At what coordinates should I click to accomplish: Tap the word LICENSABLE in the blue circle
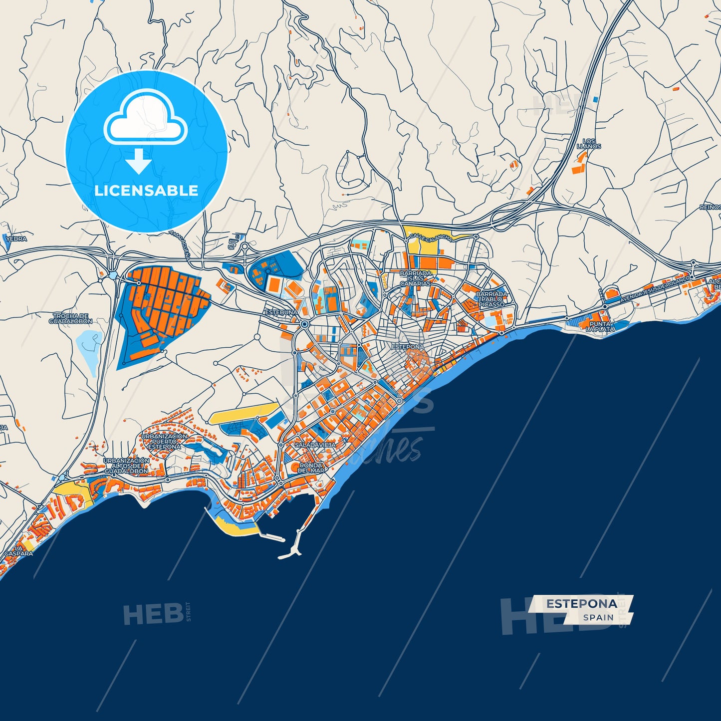pos(146,190)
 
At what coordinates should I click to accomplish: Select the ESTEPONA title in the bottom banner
pos(581,603)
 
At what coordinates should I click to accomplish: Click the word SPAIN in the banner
pos(598,617)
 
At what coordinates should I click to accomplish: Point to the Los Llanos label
pos(589,144)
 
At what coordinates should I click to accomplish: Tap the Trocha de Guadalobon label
pos(70,318)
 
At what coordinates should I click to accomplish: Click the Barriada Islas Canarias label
pos(416,278)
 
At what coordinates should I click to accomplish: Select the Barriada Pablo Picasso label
pos(491,299)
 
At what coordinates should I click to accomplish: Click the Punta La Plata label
pos(600,326)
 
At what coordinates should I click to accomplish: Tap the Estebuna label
pos(281,312)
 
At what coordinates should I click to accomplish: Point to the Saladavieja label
pos(315,444)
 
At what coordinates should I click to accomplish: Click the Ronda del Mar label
pos(311,468)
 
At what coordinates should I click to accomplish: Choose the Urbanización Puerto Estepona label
pos(165,441)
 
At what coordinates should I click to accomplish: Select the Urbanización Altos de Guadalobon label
pos(126,466)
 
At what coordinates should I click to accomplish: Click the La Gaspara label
pos(18,550)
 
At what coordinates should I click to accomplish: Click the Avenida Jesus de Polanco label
pos(655,289)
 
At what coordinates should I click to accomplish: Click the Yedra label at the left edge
pos(16,239)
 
